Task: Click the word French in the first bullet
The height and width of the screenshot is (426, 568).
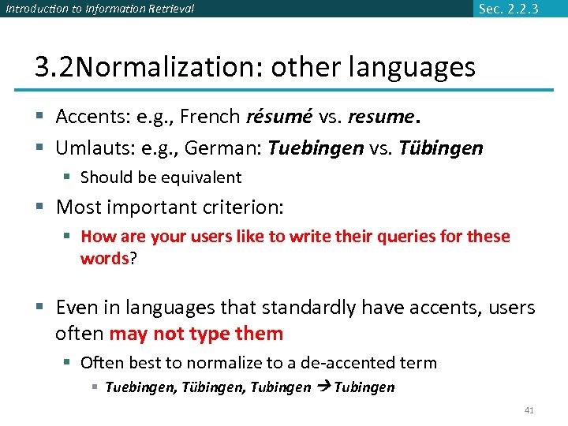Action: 211,117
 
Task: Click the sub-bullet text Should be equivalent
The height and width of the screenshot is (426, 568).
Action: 161,177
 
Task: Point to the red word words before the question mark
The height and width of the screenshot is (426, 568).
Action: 104,258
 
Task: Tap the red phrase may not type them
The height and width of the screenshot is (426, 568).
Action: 196,334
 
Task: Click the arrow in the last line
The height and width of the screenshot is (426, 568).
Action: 323,387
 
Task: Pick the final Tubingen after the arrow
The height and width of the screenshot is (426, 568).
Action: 364,387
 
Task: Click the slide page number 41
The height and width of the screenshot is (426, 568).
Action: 529,410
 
